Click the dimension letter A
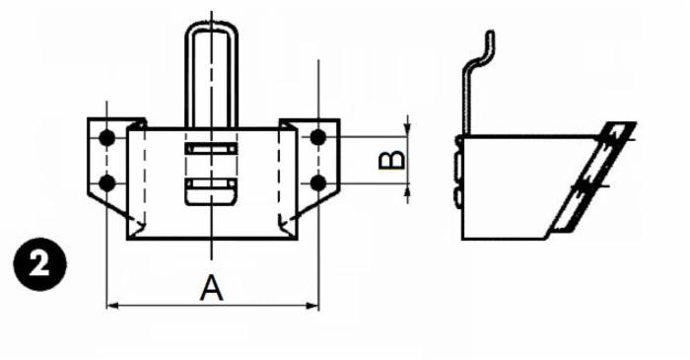click(x=211, y=288)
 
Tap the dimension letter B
click(x=391, y=159)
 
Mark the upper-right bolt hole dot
click(x=317, y=136)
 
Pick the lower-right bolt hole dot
click(x=317, y=181)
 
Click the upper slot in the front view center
click(x=212, y=150)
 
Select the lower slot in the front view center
click(x=212, y=186)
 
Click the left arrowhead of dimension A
click(x=111, y=306)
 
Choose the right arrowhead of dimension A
click(x=312, y=306)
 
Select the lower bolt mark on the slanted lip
click(x=587, y=184)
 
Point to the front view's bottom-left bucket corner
click(x=129, y=237)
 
